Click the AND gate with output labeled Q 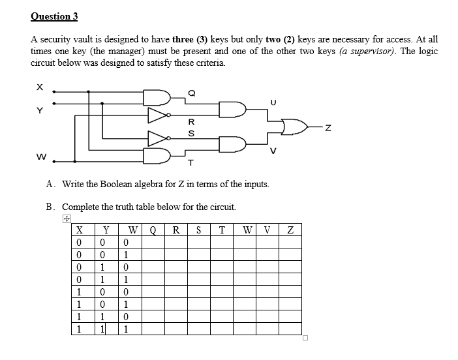[160, 98]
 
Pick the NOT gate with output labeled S [159, 138]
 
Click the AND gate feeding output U [232, 109]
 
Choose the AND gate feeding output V [232, 143]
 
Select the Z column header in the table [290, 229]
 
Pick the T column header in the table [222, 229]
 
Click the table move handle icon [66, 219]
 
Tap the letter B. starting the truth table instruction [50, 207]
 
